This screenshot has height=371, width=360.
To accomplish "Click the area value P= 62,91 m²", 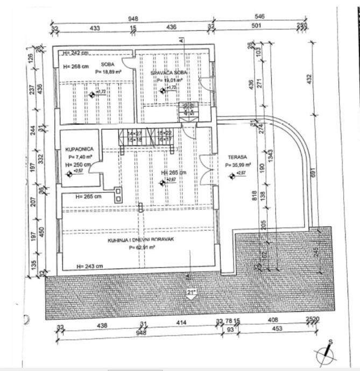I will point(142,247).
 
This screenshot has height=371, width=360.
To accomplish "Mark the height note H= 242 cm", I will point(75,53).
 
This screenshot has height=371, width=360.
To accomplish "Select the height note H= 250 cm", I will point(75,164).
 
